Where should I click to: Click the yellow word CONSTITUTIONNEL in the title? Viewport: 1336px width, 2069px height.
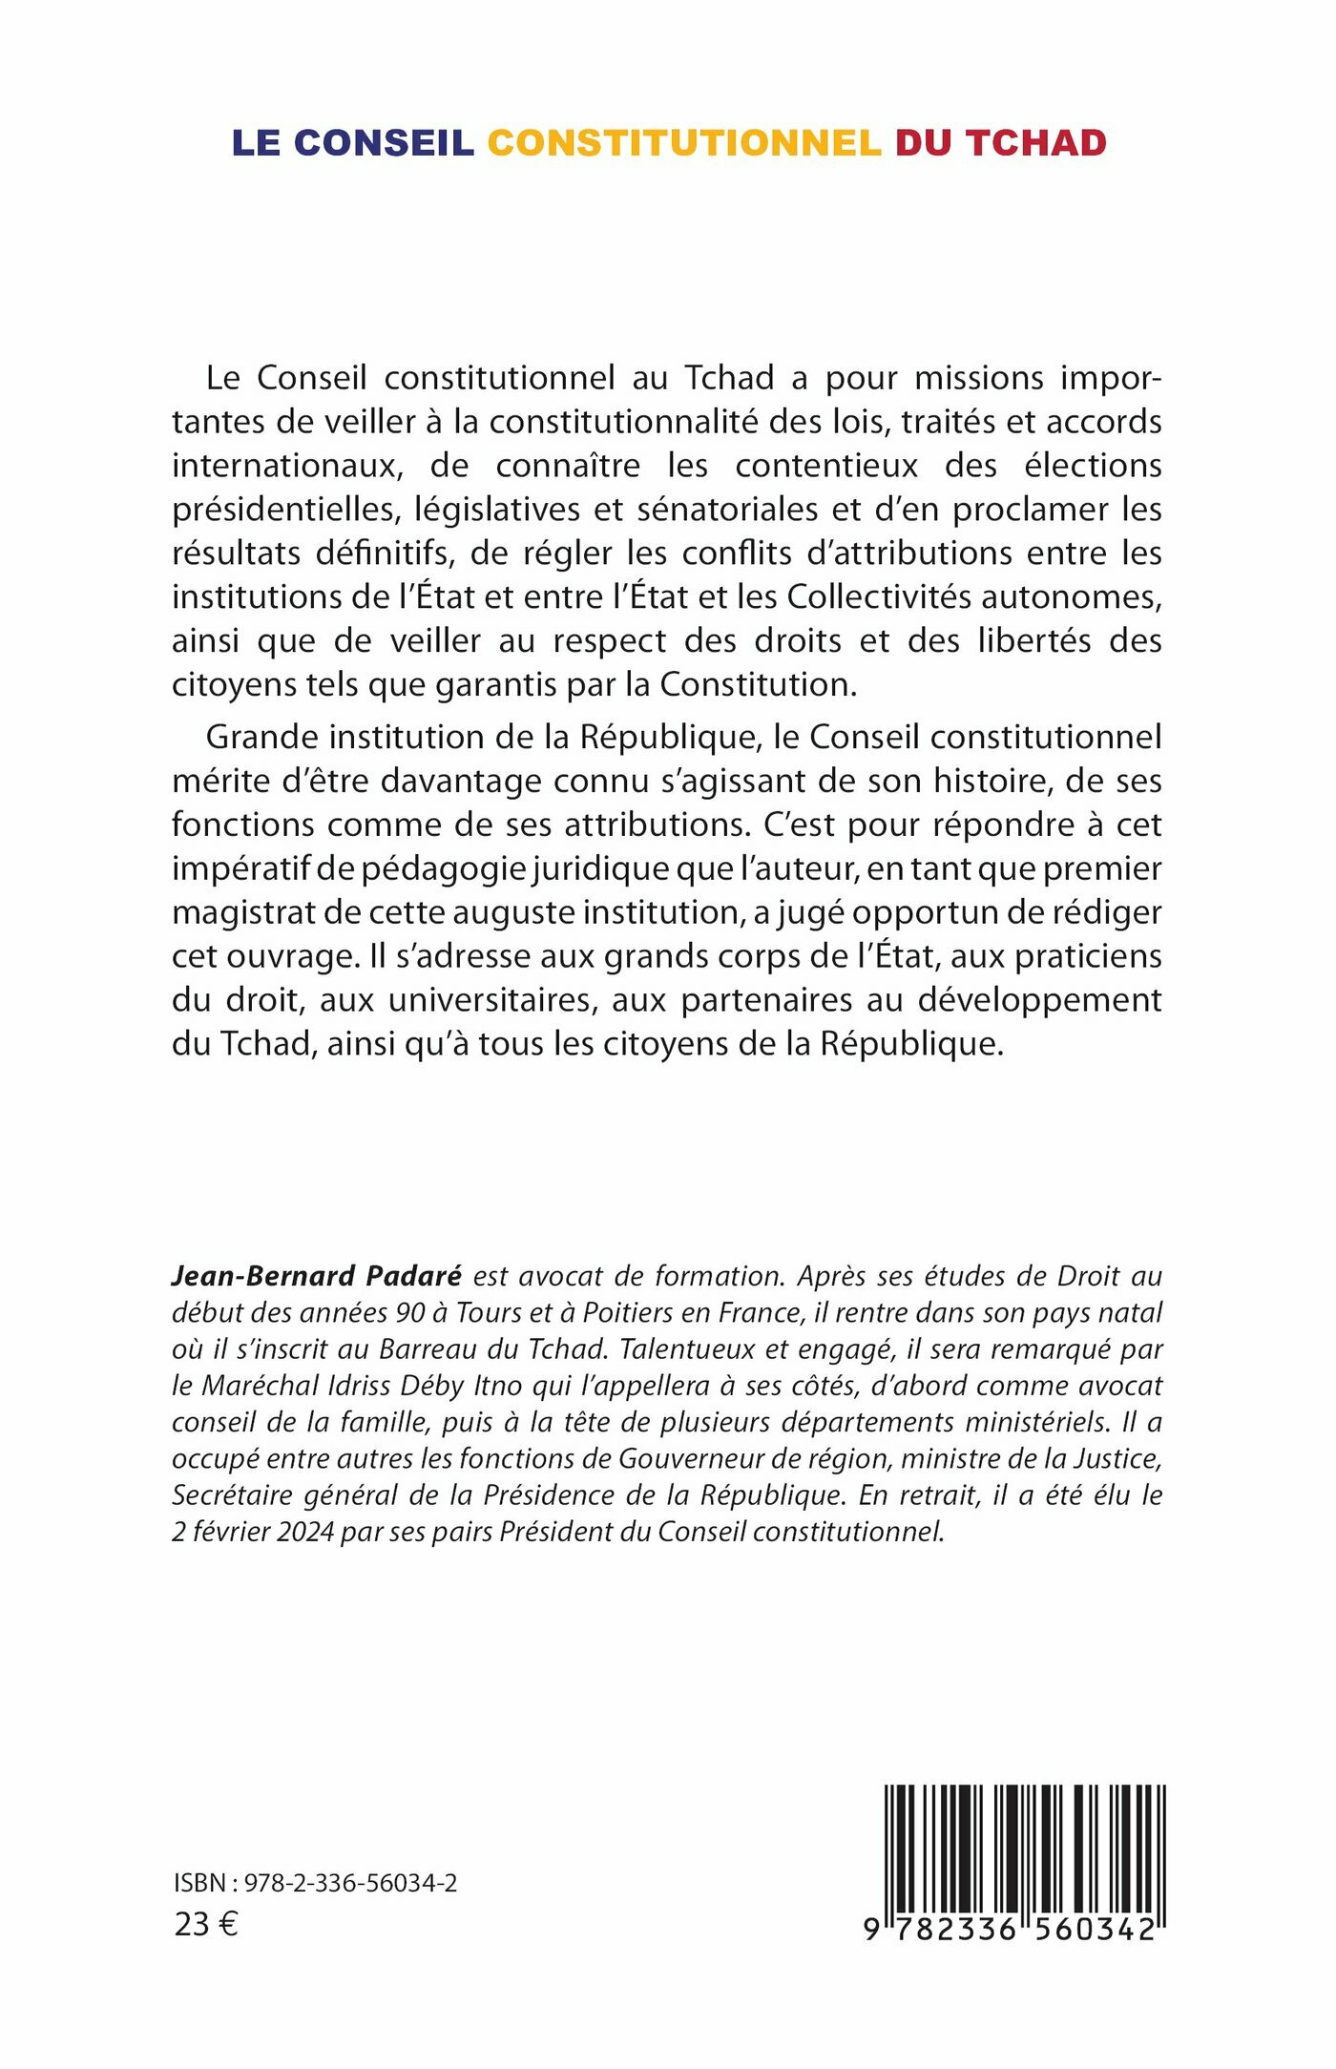coord(683,143)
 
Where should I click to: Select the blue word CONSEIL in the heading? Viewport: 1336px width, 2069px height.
coord(384,143)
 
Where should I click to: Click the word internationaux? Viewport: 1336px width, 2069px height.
coord(282,466)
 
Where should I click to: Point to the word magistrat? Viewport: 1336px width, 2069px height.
coord(241,912)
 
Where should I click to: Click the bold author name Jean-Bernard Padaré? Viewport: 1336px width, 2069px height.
coord(316,1276)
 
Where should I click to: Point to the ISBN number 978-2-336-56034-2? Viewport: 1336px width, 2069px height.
coord(350,1883)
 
